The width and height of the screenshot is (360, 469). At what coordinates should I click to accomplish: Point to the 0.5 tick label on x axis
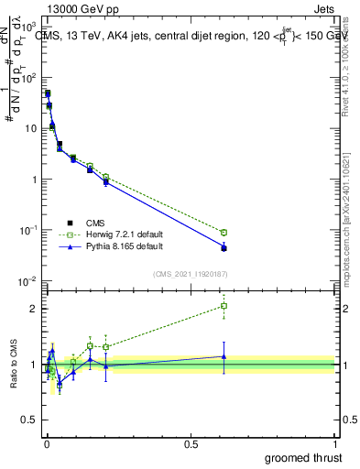pyautogui.click(x=191, y=442)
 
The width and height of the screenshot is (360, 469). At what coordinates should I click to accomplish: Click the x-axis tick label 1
pyautogui.click(x=335, y=442)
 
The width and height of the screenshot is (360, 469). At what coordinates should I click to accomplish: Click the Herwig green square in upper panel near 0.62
pyautogui.click(x=224, y=233)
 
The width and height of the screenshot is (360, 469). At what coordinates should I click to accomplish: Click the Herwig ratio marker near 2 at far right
pyautogui.click(x=224, y=306)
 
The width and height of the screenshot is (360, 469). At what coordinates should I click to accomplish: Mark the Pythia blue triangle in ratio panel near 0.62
pyautogui.click(x=224, y=356)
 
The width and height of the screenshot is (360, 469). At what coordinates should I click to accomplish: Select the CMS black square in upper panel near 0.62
pyautogui.click(x=224, y=248)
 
